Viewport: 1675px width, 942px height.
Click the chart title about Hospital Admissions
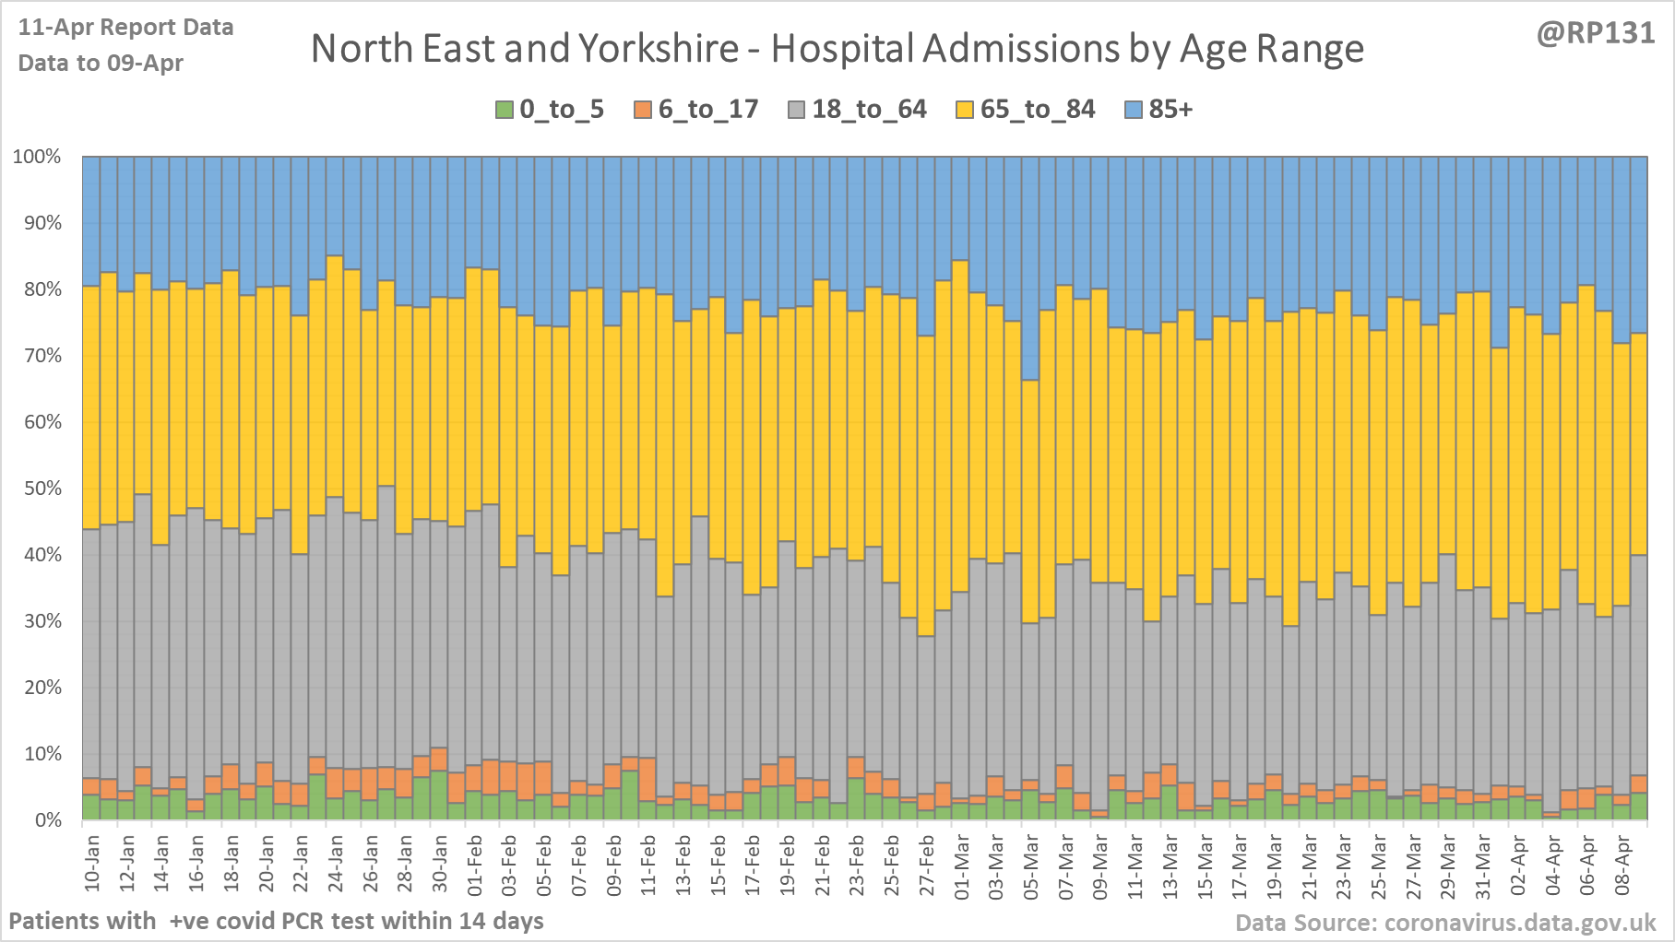pos(837,49)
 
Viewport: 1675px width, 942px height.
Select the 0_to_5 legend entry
pos(550,110)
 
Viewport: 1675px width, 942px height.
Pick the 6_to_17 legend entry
pos(696,110)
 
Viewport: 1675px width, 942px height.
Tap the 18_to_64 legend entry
pos(858,110)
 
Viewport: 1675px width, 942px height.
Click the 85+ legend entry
pos(1159,110)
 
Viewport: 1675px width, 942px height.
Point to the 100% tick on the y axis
pos(37,157)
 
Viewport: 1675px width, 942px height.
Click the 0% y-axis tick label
pos(46,820)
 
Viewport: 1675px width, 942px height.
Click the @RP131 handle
pos(1596,33)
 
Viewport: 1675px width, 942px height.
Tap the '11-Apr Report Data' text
pos(125,28)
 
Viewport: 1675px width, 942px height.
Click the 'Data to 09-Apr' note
pos(101,64)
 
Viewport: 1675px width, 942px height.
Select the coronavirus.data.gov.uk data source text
pos(1445,923)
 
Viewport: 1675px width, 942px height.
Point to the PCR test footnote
pos(276,921)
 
